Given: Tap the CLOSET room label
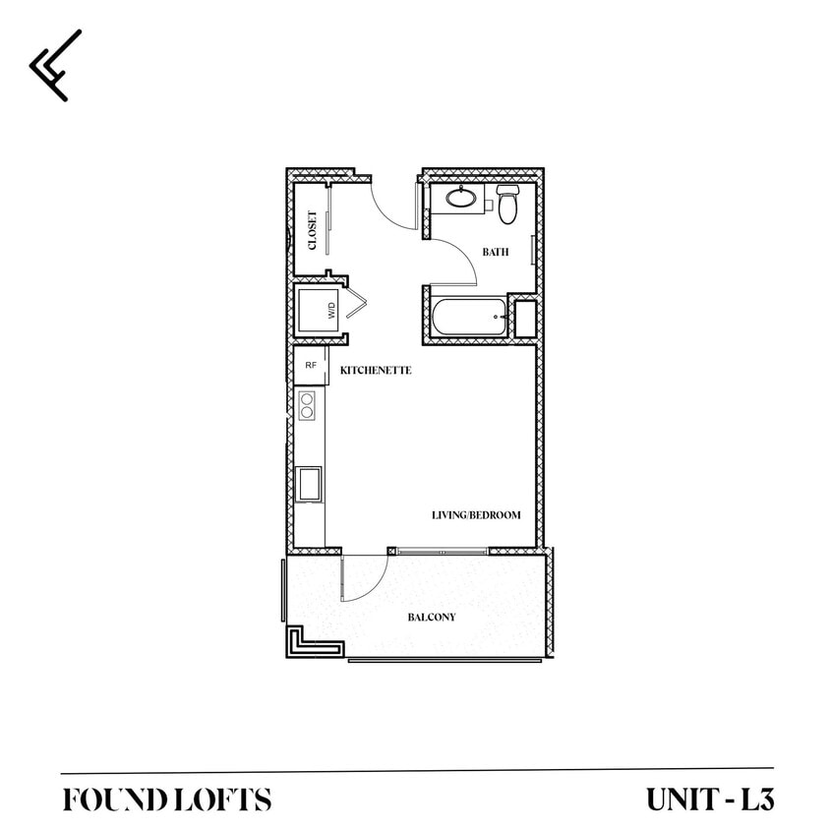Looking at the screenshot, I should click(313, 230).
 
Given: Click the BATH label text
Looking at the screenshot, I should click(495, 253).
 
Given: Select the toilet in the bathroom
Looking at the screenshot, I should click(507, 204).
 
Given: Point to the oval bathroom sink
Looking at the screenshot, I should click(460, 198).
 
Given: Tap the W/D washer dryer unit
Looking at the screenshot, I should click(320, 311).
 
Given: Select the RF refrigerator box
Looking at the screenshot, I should click(311, 365).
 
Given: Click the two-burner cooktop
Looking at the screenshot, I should click(307, 405).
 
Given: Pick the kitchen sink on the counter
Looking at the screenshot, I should click(310, 484).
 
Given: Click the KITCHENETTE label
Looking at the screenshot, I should click(375, 371).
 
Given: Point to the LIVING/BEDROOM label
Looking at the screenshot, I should click(476, 515).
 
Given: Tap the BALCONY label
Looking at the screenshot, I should click(432, 618).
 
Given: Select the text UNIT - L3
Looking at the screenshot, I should click(710, 799).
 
